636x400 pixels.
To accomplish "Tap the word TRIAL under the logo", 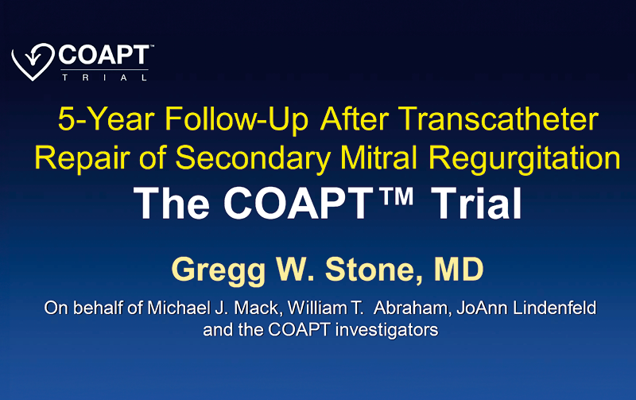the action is pos(104,77).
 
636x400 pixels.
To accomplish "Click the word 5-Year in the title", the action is pos(107,119).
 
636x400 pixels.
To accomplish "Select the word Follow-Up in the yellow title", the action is pos(236,119).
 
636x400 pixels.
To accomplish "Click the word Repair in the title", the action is pos(82,157).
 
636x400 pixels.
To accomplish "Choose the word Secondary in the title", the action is pos(253,157).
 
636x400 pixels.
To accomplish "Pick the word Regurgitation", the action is pos(525,157).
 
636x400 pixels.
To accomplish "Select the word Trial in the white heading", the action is pos(476,204).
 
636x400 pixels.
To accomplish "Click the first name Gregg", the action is pos(218,270).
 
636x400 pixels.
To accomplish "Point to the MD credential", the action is pos(459,269).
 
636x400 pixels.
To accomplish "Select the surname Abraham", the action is pos(413,308).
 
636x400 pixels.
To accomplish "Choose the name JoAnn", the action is pos(483,308).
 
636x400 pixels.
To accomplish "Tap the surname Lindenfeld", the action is pos(555,308).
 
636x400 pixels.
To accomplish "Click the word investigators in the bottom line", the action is pos(387,330).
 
